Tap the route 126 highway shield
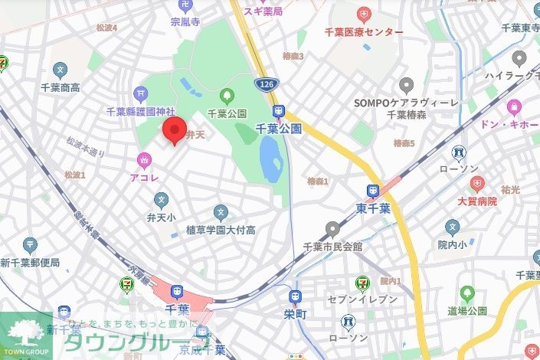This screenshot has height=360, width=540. point(263,83)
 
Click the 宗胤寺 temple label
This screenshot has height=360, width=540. point(185,24)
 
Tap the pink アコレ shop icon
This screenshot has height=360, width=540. point(143,159)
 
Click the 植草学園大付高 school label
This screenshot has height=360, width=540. point(221,230)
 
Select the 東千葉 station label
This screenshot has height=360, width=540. point(373,208)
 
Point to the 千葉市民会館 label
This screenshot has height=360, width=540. point(332,246)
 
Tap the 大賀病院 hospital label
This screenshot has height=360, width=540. point(477,201)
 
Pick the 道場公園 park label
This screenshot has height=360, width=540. point(466,310)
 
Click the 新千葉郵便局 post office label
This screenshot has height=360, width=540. point(30,263)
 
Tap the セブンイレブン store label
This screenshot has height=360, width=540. point(358,301)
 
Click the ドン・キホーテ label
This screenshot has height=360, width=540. point(509,124)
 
